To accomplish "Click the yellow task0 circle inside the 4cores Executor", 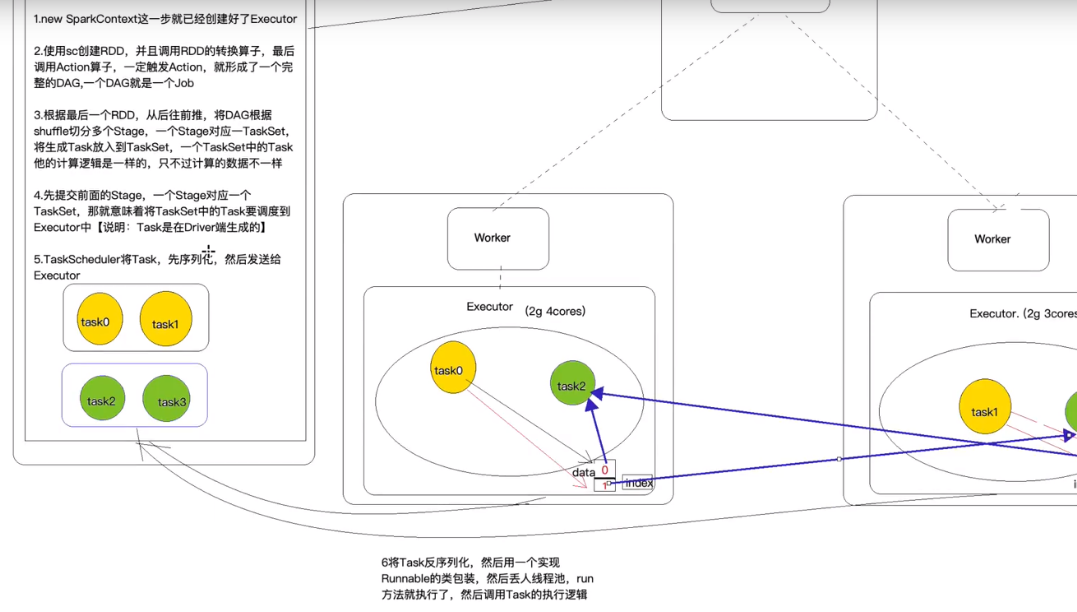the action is tap(453, 368).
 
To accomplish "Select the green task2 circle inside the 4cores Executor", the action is tap(572, 383).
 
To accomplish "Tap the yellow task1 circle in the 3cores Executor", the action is tap(985, 406).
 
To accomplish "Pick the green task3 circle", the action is tap(166, 398).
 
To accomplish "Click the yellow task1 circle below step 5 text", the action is tap(166, 318).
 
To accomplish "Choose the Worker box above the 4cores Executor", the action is tap(498, 239).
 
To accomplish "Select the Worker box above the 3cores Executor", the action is tap(998, 240).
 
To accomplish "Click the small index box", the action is tap(637, 483).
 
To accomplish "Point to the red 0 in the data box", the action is tap(604, 470).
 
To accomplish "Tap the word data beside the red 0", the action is tap(584, 472).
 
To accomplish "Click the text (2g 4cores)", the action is tap(555, 311).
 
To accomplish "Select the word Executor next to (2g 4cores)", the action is tap(489, 307).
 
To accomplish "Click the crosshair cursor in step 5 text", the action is tap(208, 251).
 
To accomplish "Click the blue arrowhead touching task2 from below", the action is tap(591, 404).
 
